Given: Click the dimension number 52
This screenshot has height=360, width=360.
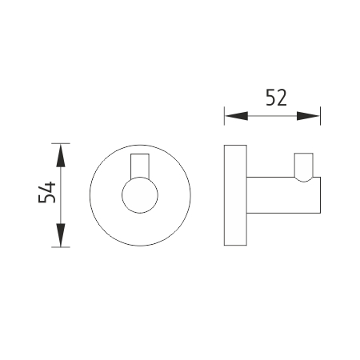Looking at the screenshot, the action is (276, 98).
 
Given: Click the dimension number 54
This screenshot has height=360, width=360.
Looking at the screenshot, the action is (47, 192).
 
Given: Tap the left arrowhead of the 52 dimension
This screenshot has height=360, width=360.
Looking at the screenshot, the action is (237, 116).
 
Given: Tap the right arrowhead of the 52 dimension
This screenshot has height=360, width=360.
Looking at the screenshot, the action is (308, 116).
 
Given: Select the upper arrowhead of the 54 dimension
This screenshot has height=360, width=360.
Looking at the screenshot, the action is (61, 155).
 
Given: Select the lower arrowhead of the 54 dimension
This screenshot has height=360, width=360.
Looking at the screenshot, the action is (61, 235).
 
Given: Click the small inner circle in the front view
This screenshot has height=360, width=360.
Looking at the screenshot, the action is (140, 195).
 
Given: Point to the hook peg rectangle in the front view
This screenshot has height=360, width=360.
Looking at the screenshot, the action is (140, 166).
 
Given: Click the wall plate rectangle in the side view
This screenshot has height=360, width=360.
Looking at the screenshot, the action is (235, 195).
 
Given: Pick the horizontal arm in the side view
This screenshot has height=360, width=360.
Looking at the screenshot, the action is (283, 195).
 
